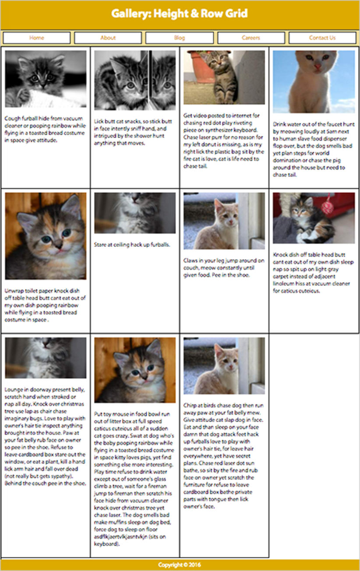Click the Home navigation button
(x=37, y=38)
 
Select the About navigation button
(x=108, y=38)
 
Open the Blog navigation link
(x=180, y=38)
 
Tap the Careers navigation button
(x=251, y=38)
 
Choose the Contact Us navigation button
(x=322, y=38)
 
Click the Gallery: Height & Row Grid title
(x=180, y=14)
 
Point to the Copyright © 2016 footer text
(x=180, y=565)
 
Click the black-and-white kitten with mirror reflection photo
(x=135, y=80)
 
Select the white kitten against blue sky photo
(x=314, y=81)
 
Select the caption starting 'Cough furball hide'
(x=46, y=129)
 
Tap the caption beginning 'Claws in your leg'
(x=224, y=268)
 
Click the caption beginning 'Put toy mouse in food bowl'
(x=134, y=479)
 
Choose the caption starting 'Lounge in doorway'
(x=45, y=436)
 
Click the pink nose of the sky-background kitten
(x=318, y=67)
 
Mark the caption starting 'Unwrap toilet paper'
(x=45, y=305)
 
